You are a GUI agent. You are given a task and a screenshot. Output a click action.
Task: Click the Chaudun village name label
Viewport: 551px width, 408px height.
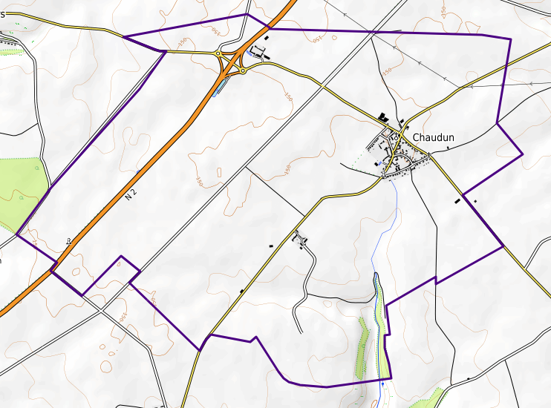point(433,137)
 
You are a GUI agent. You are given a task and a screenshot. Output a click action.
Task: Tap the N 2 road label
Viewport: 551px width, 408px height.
point(131,194)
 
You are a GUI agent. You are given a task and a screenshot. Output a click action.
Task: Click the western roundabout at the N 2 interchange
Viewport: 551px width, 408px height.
point(218,53)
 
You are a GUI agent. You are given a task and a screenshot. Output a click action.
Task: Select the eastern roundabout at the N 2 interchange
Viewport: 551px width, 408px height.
point(243,71)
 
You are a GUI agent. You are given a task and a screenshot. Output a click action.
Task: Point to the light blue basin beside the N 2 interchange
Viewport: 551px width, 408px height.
point(217,88)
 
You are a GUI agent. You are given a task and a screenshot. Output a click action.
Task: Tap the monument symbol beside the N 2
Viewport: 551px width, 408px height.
point(69,240)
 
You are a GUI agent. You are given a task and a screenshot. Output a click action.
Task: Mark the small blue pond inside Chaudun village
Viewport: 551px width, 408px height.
point(379,163)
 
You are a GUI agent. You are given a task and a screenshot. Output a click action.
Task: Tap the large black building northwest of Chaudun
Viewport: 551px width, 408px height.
point(383,117)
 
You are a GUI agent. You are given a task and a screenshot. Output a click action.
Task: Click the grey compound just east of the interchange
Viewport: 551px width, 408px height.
point(258,52)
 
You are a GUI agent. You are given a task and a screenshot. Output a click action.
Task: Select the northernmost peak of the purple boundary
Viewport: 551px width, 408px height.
point(247,14)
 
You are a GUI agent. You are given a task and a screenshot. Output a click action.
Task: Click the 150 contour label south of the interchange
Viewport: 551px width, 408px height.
point(288,97)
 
